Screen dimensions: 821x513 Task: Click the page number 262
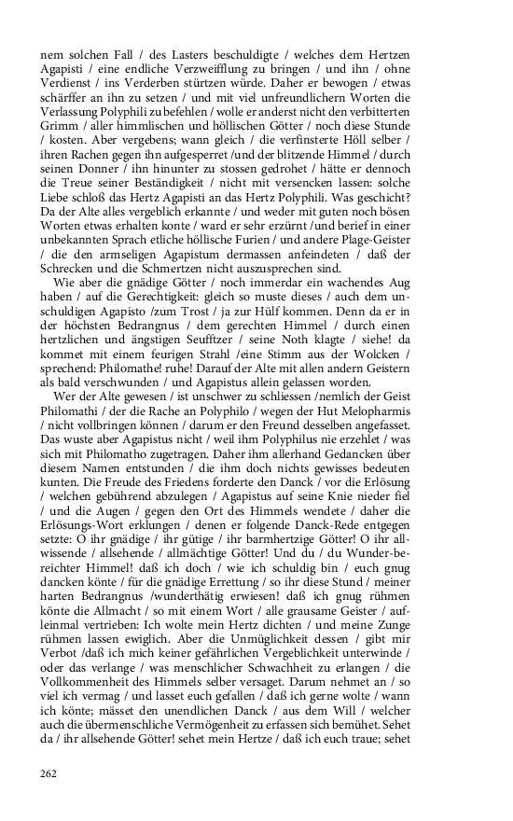pos(50,772)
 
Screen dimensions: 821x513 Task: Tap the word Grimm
pos(60,128)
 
